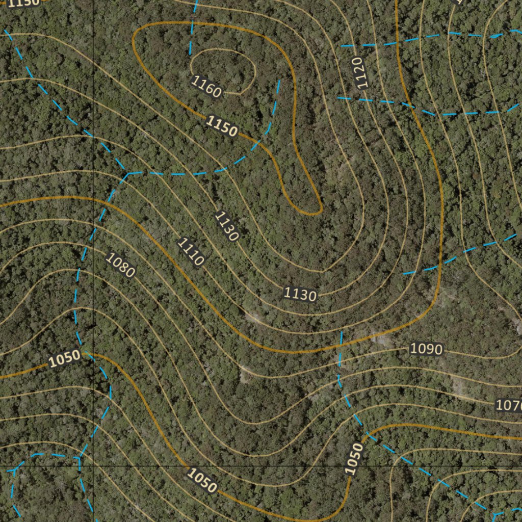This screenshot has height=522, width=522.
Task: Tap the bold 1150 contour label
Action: pyautogui.click(x=222, y=126)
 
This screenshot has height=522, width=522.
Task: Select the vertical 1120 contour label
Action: pyautogui.click(x=360, y=73)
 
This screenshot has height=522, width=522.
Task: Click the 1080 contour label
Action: pyautogui.click(x=120, y=264)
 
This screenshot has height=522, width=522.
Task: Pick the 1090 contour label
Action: pyautogui.click(x=426, y=349)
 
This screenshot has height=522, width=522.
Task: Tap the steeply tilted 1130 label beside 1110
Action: pyautogui.click(x=227, y=226)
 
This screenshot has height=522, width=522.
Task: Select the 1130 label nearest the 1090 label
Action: pyautogui.click(x=300, y=294)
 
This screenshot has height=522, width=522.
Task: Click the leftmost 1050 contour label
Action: pyautogui.click(x=65, y=358)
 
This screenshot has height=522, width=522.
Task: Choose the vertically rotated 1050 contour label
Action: pyautogui.click(x=354, y=459)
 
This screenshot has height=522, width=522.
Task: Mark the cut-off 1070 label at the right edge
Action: pyautogui.click(x=509, y=406)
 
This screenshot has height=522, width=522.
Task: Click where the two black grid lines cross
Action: pyautogui.click(x=94, y=466)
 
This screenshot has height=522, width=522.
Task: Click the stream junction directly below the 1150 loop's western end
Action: pyautogui.click(x=128, y=174)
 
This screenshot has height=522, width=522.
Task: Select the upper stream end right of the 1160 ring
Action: pyautogui.click(x=279, y=80)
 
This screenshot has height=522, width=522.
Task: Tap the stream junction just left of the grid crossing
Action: pyautogui.click(x=79, y=457)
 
